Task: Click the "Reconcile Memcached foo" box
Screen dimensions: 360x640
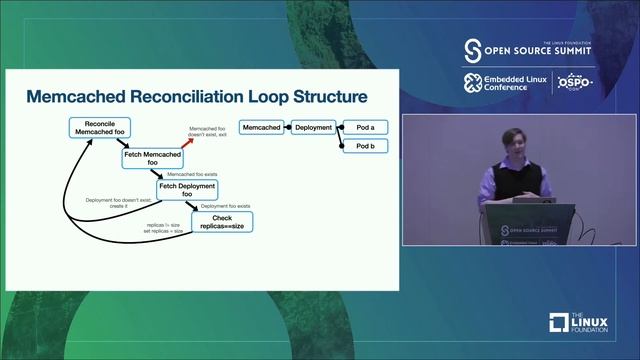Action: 100,128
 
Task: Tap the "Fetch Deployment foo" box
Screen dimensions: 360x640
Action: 190,190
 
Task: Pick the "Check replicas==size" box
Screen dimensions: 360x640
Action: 222,222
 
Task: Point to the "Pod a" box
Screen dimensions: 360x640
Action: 365,128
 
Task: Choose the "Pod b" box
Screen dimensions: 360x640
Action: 365,147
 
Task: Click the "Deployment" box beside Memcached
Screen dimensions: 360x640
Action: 313,128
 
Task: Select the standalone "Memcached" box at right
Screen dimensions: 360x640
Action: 262,128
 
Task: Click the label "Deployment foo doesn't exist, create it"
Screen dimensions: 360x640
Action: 115,203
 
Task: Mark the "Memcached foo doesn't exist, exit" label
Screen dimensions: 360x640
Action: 209,131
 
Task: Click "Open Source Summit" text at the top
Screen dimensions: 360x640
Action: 540,50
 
